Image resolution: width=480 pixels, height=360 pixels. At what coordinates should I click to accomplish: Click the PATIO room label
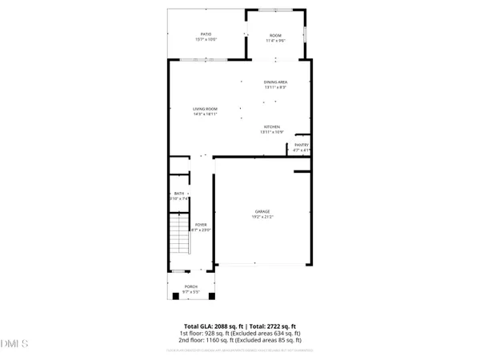point(206,34)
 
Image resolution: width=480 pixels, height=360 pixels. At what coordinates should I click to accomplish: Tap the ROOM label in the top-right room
point(275,34)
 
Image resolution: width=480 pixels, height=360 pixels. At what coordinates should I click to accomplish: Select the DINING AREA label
point(275,82)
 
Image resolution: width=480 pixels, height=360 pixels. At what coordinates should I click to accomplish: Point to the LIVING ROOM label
point(205,109)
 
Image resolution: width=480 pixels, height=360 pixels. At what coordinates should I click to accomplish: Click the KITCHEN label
point(272,126)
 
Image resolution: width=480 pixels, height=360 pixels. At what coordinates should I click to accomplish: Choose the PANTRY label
point(301,145)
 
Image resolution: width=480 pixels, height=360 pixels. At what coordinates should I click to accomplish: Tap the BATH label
point(179,194)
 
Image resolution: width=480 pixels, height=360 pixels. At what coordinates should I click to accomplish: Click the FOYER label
point(201,226)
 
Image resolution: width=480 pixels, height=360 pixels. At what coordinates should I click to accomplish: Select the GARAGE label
point(262,211)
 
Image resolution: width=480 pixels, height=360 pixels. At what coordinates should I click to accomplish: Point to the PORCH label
point(191,286)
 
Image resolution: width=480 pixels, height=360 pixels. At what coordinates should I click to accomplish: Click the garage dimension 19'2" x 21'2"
point(262,217)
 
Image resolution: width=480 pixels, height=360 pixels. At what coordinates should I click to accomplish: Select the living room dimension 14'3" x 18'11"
point(205,114)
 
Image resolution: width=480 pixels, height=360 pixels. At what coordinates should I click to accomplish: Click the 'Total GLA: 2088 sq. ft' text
point(211,326)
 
